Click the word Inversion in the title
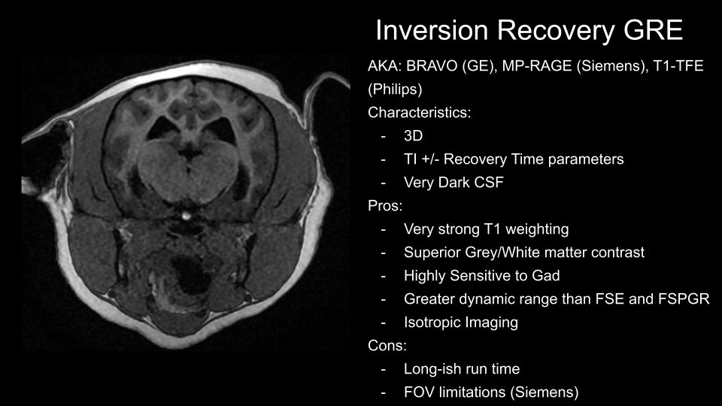pos(432,30)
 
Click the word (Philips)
pos(395,89)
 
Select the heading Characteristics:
pos(419,113)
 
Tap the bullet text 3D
pos(413,136)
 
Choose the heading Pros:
pos(385,206)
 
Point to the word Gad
pos(546,276)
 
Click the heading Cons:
pos(387,346)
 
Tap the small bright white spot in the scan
pos(186,215)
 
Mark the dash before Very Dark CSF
pos(383,183)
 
